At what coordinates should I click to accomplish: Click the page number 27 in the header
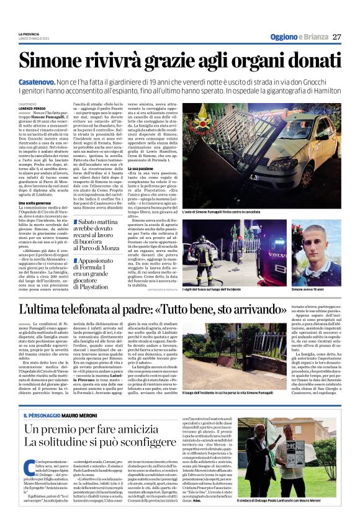point(336,37)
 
